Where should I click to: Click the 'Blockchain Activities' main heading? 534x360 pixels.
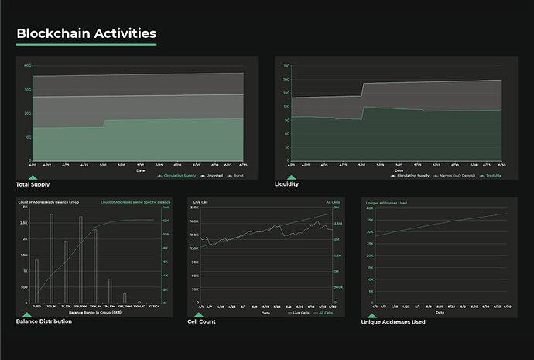point(86,33)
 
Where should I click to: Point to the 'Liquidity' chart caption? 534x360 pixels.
point(287,185)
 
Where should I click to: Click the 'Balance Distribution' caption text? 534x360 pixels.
point(44,321)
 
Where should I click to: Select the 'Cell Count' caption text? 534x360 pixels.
point(201,321)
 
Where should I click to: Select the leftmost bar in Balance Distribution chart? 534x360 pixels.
point(36,281)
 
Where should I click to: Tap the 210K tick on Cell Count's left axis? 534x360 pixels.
point(195,207)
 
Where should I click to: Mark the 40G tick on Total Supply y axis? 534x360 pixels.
point(27,66)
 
